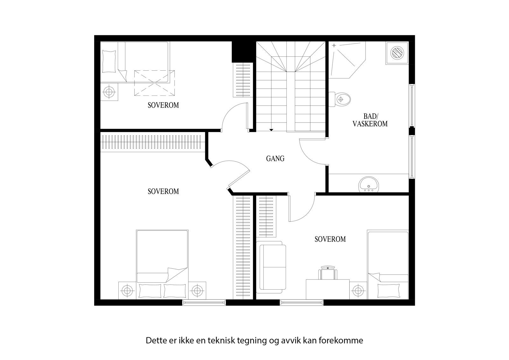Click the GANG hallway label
275,158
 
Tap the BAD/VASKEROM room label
370,120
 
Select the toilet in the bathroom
341,99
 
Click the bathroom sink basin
369,185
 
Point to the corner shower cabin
345,59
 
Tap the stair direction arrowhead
271,130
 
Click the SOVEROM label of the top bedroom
163,105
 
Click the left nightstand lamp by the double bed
127,290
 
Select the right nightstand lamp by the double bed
197,290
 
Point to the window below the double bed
204,302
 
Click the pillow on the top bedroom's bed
109,61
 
